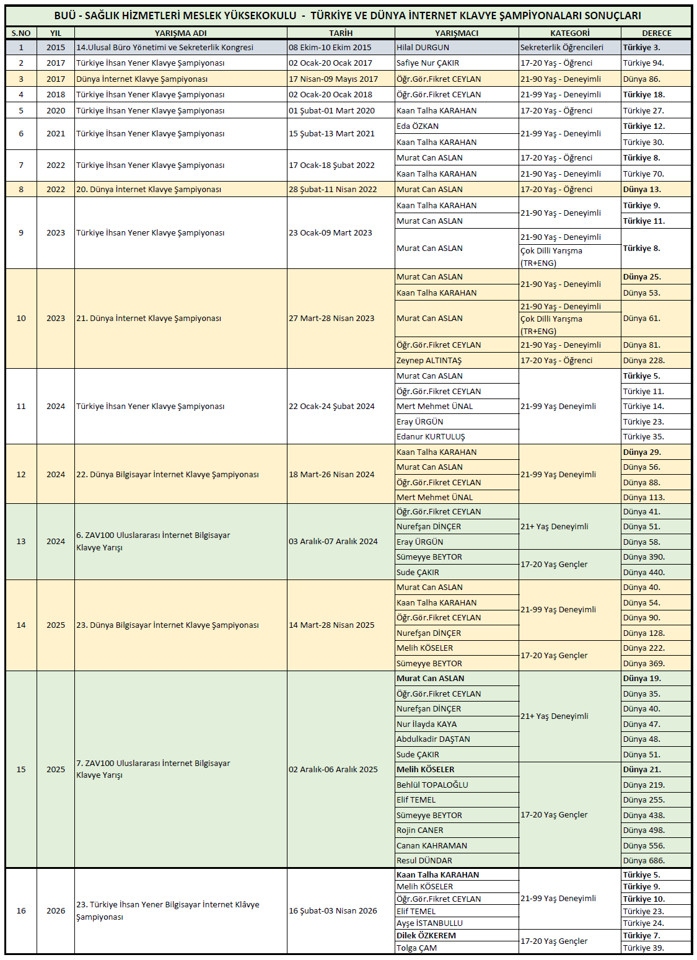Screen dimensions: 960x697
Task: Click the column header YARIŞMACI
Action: pos(457,33)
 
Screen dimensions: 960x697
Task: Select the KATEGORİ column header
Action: pos(570,33)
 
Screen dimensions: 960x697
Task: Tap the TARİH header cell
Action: pos(341,33)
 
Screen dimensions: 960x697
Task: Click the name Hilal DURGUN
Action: pos(423,47)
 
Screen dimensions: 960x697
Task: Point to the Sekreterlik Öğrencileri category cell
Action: pos(562,47)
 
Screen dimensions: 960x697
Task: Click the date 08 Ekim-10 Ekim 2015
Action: pos(330,47)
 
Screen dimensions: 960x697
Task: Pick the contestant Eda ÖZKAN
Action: pos(418,126)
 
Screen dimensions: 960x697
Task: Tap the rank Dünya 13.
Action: pos(642,189)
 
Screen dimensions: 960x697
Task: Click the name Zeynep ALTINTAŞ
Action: pos(429,360)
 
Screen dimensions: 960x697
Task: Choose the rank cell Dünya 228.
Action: pos(644,360)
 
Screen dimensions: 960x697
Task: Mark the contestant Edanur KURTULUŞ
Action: pos(431,436)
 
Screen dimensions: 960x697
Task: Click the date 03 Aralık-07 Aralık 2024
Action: pos(333,541)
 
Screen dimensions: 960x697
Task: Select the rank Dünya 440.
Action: pos(644,572)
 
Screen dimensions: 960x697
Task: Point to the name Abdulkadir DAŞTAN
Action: pos(433,739)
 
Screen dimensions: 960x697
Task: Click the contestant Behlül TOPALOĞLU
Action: pos(432,785)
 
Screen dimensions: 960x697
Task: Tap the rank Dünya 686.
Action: pos(644,860)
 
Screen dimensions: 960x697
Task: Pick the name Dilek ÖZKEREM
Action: pos(426,935)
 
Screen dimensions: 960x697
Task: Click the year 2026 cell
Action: pos(56,910)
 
